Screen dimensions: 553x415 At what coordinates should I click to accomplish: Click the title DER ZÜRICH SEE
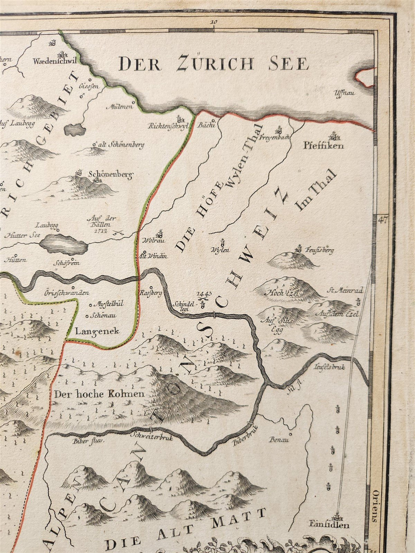tap(213, 64)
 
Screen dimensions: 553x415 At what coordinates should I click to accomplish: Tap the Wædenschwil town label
tap(54, 62)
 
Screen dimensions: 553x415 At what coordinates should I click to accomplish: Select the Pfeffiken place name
tap(324, 146)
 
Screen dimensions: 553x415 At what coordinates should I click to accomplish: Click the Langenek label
tap(97, 331)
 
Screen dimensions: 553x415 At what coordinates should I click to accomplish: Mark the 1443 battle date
tap(204, 294)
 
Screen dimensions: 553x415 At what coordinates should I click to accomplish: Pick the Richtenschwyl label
tap(167, 126)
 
